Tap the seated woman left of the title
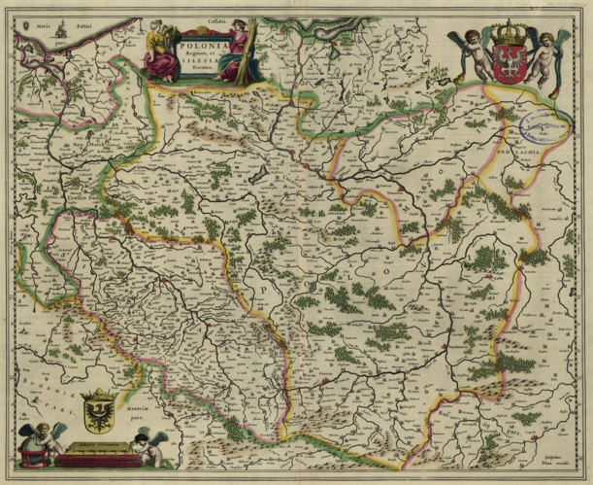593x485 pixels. pos(161,52)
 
